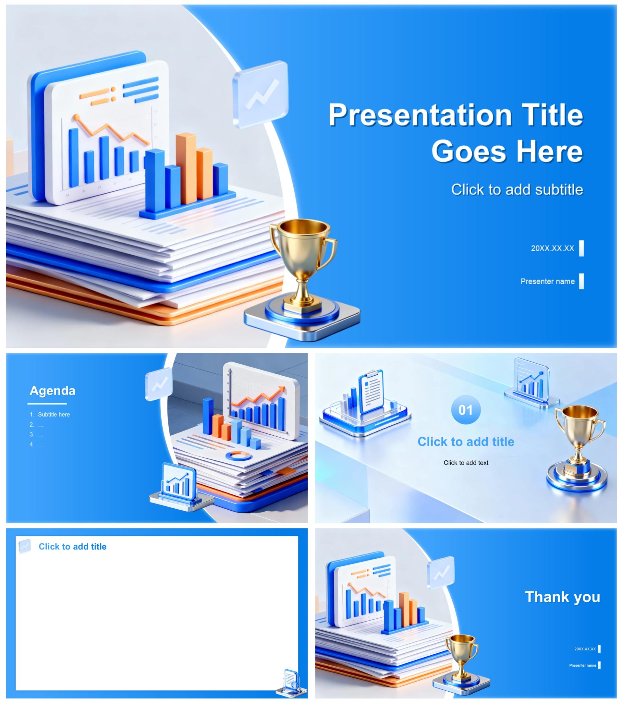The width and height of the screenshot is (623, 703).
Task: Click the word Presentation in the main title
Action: click(420, 115)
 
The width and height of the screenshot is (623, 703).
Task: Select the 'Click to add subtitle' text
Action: click(517, 189)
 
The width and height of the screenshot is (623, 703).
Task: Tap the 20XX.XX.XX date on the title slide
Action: click(552, 248)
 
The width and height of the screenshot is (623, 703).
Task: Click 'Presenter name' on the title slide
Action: click(547, 281)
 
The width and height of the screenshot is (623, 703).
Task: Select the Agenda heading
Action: click(52, 390)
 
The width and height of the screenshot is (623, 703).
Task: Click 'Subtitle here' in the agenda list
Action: click(54, 415)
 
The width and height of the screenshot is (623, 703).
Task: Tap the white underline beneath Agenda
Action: click(47, 404)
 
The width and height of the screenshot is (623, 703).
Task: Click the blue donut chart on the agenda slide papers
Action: click(239, 456)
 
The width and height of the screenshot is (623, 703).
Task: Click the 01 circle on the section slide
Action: click(465, 410)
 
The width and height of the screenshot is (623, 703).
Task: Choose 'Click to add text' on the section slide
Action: click(465, 463)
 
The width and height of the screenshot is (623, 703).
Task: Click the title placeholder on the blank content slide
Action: click(72, 547)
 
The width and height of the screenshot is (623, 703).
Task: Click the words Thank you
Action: click(562, 597)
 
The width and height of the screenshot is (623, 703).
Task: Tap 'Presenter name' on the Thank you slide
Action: click(582, 665)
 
